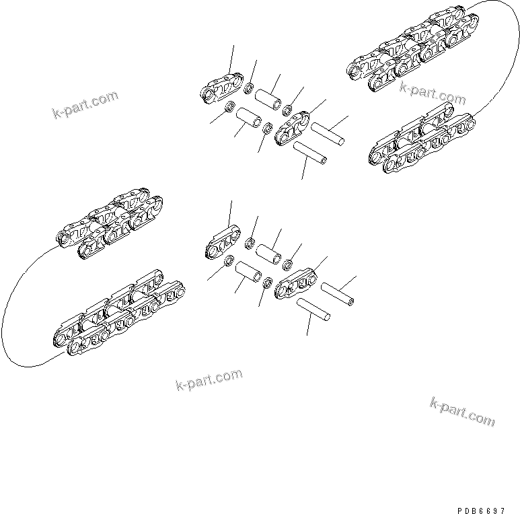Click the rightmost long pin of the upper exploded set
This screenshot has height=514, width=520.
pos(328,133)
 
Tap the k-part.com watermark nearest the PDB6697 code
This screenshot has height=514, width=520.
pos(461,411)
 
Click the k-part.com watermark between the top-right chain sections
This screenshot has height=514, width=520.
pos(432,93)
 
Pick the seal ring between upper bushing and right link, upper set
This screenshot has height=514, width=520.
pos(287,110)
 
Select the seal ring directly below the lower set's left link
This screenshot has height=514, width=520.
pos(228,260)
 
